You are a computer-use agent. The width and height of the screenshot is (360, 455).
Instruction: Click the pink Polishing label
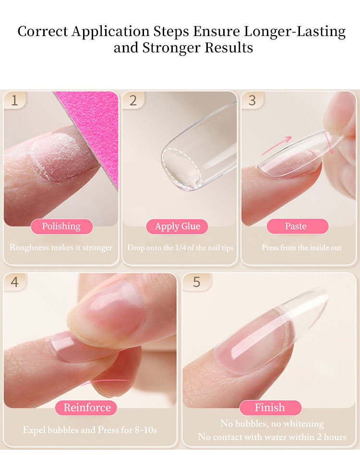click(62, 226)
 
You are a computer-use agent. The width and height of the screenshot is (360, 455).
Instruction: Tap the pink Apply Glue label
click(177, 226)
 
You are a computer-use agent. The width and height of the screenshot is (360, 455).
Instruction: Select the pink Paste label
click(298, 226)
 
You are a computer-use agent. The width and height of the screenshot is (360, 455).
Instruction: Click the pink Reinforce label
click(86, 408)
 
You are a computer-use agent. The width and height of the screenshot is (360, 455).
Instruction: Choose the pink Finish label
click(270, 408)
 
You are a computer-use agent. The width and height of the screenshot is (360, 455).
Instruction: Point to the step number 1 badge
click(15, 100)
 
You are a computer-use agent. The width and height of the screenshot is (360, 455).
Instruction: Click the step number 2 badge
click(133, 100)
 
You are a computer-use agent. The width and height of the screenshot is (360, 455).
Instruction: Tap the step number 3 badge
click(252, 100)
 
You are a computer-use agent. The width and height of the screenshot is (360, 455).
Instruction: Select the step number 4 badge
click(15, 282)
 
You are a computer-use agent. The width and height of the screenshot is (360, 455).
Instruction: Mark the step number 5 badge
click(197, 282)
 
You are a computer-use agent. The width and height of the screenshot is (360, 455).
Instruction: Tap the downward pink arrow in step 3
click(329, 142)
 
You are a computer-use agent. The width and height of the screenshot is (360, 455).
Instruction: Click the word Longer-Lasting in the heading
click(295, 31)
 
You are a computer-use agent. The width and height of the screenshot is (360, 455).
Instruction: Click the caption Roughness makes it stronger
click(61, 247)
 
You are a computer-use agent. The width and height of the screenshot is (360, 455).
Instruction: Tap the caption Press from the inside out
click(301, 247)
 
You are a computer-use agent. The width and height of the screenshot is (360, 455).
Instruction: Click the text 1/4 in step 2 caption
click(181, 247)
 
